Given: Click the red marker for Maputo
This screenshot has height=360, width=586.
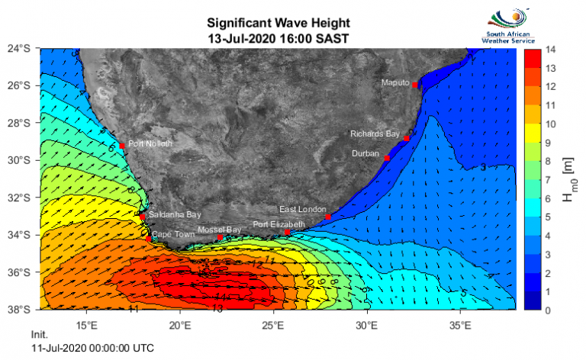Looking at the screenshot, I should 414,85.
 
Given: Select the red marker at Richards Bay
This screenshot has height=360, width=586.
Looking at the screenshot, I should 407,138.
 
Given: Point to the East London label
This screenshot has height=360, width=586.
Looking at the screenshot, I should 302,209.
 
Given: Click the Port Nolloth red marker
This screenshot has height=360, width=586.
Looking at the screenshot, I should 122,145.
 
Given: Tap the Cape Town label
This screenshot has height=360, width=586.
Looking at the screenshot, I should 172,234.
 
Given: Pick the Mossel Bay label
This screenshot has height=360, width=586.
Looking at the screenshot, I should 219,230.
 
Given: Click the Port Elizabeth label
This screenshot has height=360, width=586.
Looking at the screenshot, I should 279,224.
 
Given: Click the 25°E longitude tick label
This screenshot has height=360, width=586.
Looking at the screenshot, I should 273,323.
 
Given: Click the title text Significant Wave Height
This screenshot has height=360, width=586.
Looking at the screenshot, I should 272,23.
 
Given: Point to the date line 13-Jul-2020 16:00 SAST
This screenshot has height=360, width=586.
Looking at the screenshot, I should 272,37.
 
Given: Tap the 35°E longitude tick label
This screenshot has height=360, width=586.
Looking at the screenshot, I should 460,323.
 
